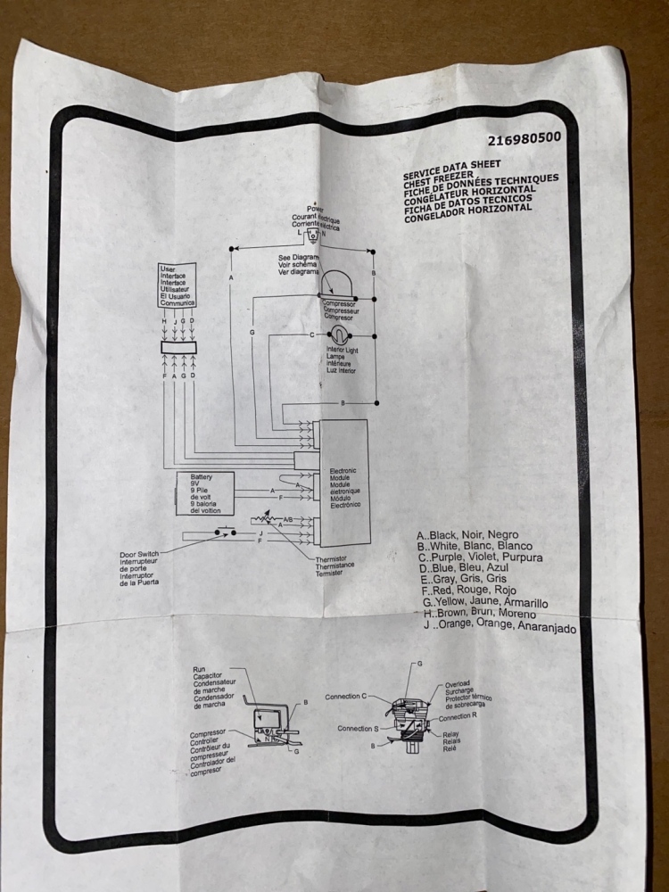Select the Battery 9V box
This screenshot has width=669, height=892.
(x=204, y=493)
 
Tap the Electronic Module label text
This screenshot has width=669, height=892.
(x=346, y=487)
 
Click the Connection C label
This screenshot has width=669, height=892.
(x=346, y=697)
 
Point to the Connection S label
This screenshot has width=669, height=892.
(x=359, y=729)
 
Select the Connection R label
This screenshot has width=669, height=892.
(x=464, y=716)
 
